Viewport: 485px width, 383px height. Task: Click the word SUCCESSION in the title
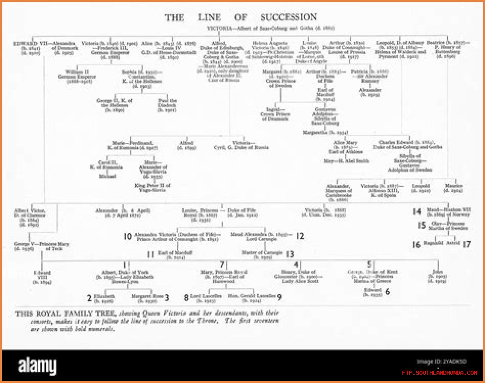pyautogui.click(x=288, y=17)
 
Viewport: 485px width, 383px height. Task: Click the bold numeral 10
pyautogui.click(x=127, y=237)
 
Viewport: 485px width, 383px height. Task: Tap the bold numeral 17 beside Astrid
pyautogui.click(x=466, y=244)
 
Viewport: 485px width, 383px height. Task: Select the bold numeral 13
pyautogui.click(x=290, y=254)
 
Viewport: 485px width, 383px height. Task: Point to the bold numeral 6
pyautogui.click(x=387, y=292)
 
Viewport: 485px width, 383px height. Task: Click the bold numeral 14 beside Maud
pyautogui.click(x=417, y=212)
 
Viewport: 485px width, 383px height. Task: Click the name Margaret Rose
pyautogui.click(x=147, y=296)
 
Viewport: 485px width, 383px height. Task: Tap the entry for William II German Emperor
pyautogui.click(x=77, y=76)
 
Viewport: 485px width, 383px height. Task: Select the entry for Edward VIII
pyautogui.click(x=42, y=277)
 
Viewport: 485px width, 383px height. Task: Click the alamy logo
pyautogui.click(x=37, y=366)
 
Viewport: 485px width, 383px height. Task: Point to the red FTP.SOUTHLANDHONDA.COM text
pyautogui.click(x=440, y=373)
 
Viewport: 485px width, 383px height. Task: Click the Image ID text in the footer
pyautogui.click(x=441, y=361)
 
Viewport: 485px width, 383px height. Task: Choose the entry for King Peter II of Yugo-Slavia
pyautogui.click(x=152, y=188)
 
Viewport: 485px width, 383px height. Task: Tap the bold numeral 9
pyautogui.click(x=279, y=298)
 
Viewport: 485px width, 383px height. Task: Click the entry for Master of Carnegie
pyautogui.click(x=262, y=254)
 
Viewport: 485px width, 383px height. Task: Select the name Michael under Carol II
pyautogui.click(x=107, y=176)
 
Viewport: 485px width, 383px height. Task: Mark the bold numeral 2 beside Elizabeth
pyautogui.click(x=89, y=298)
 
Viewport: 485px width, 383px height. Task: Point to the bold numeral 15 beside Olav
pyautogui.click(x=421, y=225)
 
